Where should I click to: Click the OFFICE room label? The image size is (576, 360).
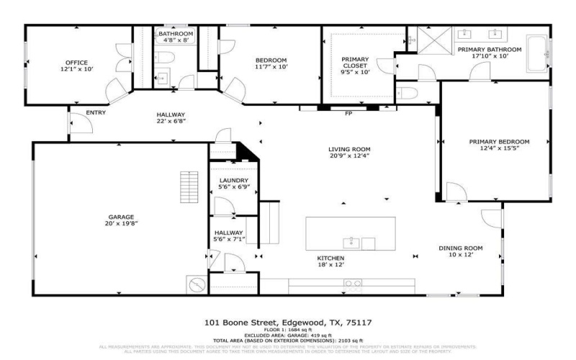point(76,63)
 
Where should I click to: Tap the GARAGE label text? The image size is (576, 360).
point(122,217)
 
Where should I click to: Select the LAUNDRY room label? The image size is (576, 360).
point(234,181)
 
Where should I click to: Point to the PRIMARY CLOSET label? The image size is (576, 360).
point(355,60)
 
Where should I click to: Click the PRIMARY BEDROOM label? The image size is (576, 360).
point(499,141)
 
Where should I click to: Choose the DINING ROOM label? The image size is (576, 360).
point(461,248)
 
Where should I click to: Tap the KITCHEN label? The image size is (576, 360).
point(331,258)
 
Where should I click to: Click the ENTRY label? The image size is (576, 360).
point(96,113)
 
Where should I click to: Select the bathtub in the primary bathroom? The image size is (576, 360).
point(536,54)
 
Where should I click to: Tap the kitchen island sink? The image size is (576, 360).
point(352,242)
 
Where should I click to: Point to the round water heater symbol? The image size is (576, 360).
point(196,284)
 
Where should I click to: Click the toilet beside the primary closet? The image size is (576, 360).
point(405,94)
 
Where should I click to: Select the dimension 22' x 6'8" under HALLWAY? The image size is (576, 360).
point(171,121)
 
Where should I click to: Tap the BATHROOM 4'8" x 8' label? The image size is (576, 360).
point(176,37)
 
